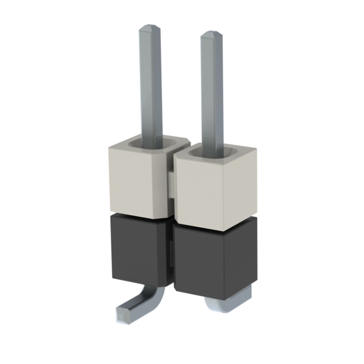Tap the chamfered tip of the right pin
[212, 35]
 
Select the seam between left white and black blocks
[136, 214]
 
